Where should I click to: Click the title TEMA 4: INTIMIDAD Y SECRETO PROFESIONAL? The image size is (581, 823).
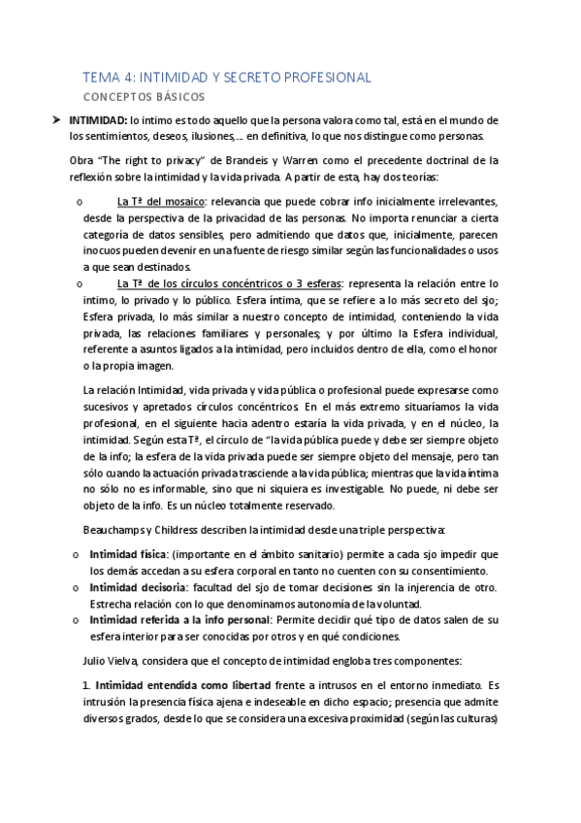click(x=226, y=78)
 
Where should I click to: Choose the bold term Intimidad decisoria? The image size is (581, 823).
click(x=138, y=587)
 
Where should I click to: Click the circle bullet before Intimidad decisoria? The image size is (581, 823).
click(x=77, y=587)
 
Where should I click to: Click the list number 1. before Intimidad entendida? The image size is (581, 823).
click(x=86, y=685)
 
